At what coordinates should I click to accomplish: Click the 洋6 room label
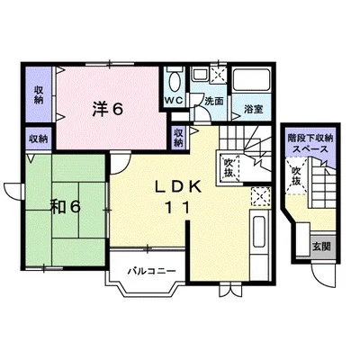[108, 109]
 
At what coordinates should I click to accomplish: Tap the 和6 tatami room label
[65, 207]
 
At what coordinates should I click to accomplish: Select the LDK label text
[177, 187]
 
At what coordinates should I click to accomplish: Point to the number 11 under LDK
[177, 208]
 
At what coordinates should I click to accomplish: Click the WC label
[175, 101]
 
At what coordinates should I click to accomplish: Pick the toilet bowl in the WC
[175, 82]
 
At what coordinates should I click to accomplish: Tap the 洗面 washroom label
[214, 102]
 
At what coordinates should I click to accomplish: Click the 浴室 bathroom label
[254, 109]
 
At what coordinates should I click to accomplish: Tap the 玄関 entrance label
[322, 247]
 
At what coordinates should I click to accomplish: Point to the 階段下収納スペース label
[310, 143]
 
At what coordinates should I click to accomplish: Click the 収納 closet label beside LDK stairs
[178, 138]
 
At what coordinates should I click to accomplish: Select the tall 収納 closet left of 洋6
[39, 94]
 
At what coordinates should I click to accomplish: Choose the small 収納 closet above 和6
[39, 139]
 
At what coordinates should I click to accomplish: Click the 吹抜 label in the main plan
[229, 168]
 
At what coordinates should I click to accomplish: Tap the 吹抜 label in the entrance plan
[296, 175]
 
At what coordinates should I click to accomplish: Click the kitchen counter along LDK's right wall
[260, 246]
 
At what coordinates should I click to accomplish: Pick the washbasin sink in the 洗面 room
[199, 74]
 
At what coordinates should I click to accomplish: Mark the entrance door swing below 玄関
[323, 275]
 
